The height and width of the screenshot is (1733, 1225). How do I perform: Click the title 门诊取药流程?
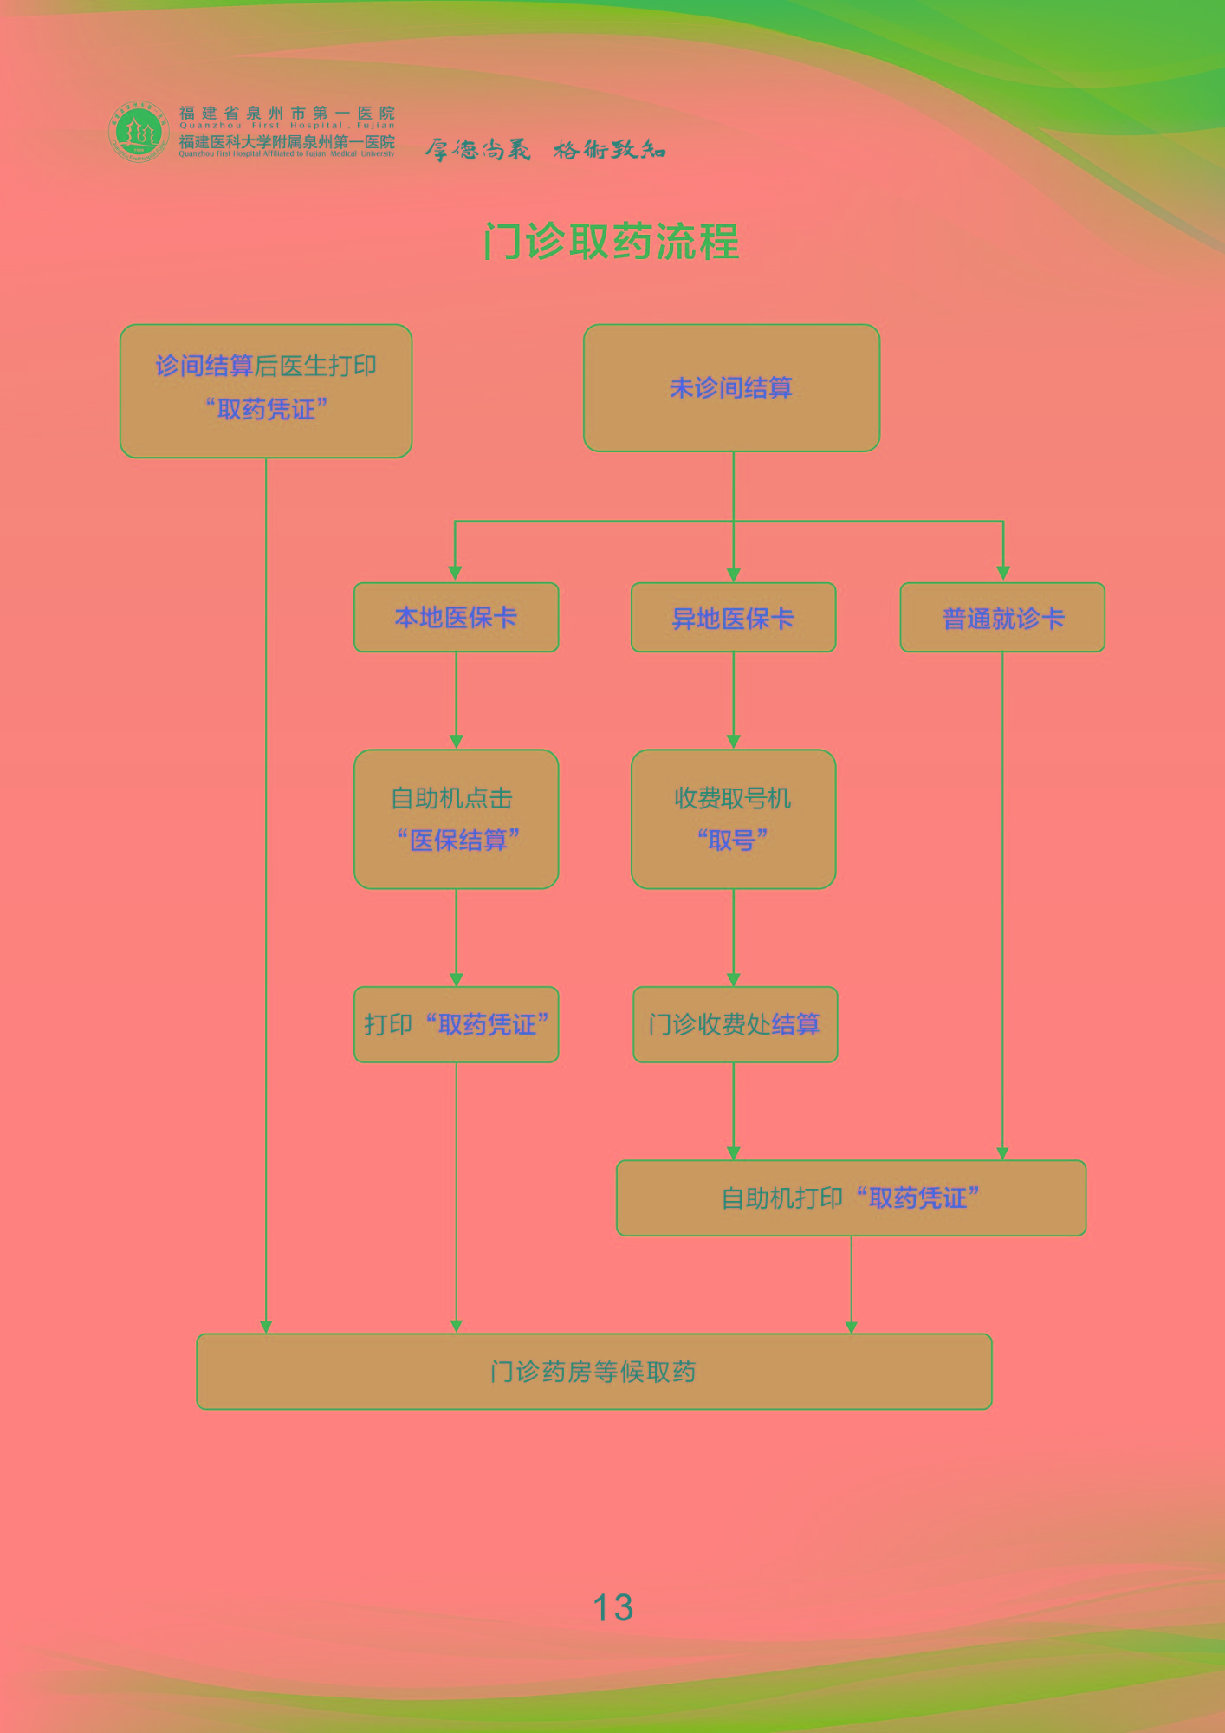pos(612,242)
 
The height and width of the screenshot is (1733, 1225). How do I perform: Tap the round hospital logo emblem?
pos(137,132)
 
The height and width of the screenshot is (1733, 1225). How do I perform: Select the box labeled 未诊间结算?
pos(731,388)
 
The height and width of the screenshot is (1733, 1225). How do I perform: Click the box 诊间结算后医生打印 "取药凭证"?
pos(266,391)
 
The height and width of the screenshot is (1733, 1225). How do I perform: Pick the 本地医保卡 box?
pos(456,617)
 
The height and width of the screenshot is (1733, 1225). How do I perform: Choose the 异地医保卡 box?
pos(733,618)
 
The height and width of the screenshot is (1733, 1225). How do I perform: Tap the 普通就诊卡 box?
pos(1002,618)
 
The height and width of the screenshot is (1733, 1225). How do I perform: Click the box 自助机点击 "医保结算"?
pos(456,819)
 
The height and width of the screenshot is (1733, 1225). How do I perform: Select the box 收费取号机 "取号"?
pos(733,819)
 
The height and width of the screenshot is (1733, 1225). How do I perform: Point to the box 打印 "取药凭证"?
pos(456,1024)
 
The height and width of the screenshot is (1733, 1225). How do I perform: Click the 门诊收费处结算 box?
pos(735,1024)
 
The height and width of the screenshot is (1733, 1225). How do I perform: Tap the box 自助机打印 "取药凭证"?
pos(851,1198)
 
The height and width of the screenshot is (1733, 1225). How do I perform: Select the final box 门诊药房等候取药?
pos(593,1372)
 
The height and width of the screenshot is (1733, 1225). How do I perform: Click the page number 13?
pos(612,1607)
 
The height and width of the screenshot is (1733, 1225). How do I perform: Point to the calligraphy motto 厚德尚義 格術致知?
pos(545,150)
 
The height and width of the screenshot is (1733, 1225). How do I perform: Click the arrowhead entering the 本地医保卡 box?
pos(455,574)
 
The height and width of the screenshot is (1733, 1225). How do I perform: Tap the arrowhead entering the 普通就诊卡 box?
pos(1003,574)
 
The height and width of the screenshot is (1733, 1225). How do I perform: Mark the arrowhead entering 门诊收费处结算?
pos(734,979)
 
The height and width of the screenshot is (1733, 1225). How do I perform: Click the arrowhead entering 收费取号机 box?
pos(734,742)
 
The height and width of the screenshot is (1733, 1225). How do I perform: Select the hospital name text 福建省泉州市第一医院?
pos(287,113)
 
